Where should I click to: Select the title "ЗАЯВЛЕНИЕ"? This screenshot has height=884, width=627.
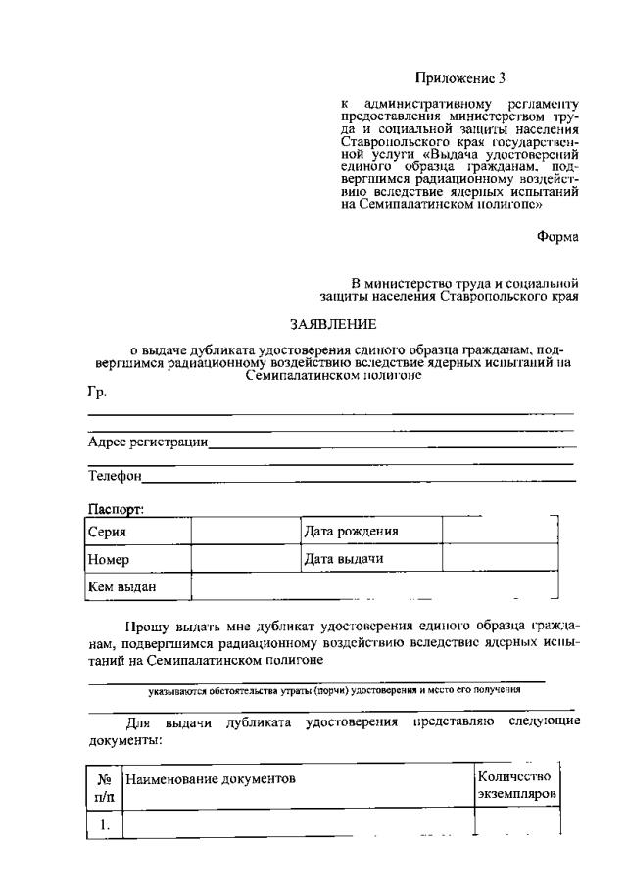(331, 323)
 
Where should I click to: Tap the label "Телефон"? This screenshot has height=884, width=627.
(115, 477)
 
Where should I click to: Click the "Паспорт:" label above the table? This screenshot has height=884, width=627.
(116, 509)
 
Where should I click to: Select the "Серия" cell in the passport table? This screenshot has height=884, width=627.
(107, 532)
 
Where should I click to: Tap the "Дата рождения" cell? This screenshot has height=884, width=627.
(351, 531)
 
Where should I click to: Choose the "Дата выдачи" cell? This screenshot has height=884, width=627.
(343, 559)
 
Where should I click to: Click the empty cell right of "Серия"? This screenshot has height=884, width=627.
(245, 532)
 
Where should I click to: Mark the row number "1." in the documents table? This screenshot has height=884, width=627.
(104, 824)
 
